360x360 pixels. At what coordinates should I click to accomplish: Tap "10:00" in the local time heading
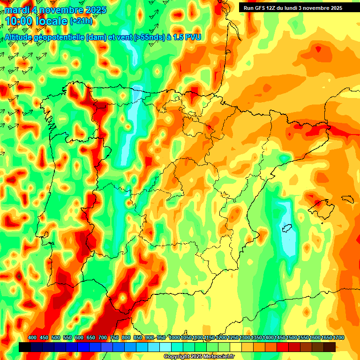click(19, 22)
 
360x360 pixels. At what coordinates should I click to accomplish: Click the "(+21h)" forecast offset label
click(81, 22)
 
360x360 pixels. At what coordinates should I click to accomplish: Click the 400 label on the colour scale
click(32, 338)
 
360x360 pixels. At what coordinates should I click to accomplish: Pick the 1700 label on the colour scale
click(327, 338)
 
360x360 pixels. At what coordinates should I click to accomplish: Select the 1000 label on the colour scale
click(174, 338)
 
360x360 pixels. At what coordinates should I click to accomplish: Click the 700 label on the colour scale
click(103, 338)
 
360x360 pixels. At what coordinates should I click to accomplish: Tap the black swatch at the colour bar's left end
click(25, 347)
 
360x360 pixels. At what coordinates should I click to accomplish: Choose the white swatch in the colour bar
click(165, 347)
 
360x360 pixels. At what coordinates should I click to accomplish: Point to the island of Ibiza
click(285, 229)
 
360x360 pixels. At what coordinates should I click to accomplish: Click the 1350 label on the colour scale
click(256, 338)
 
